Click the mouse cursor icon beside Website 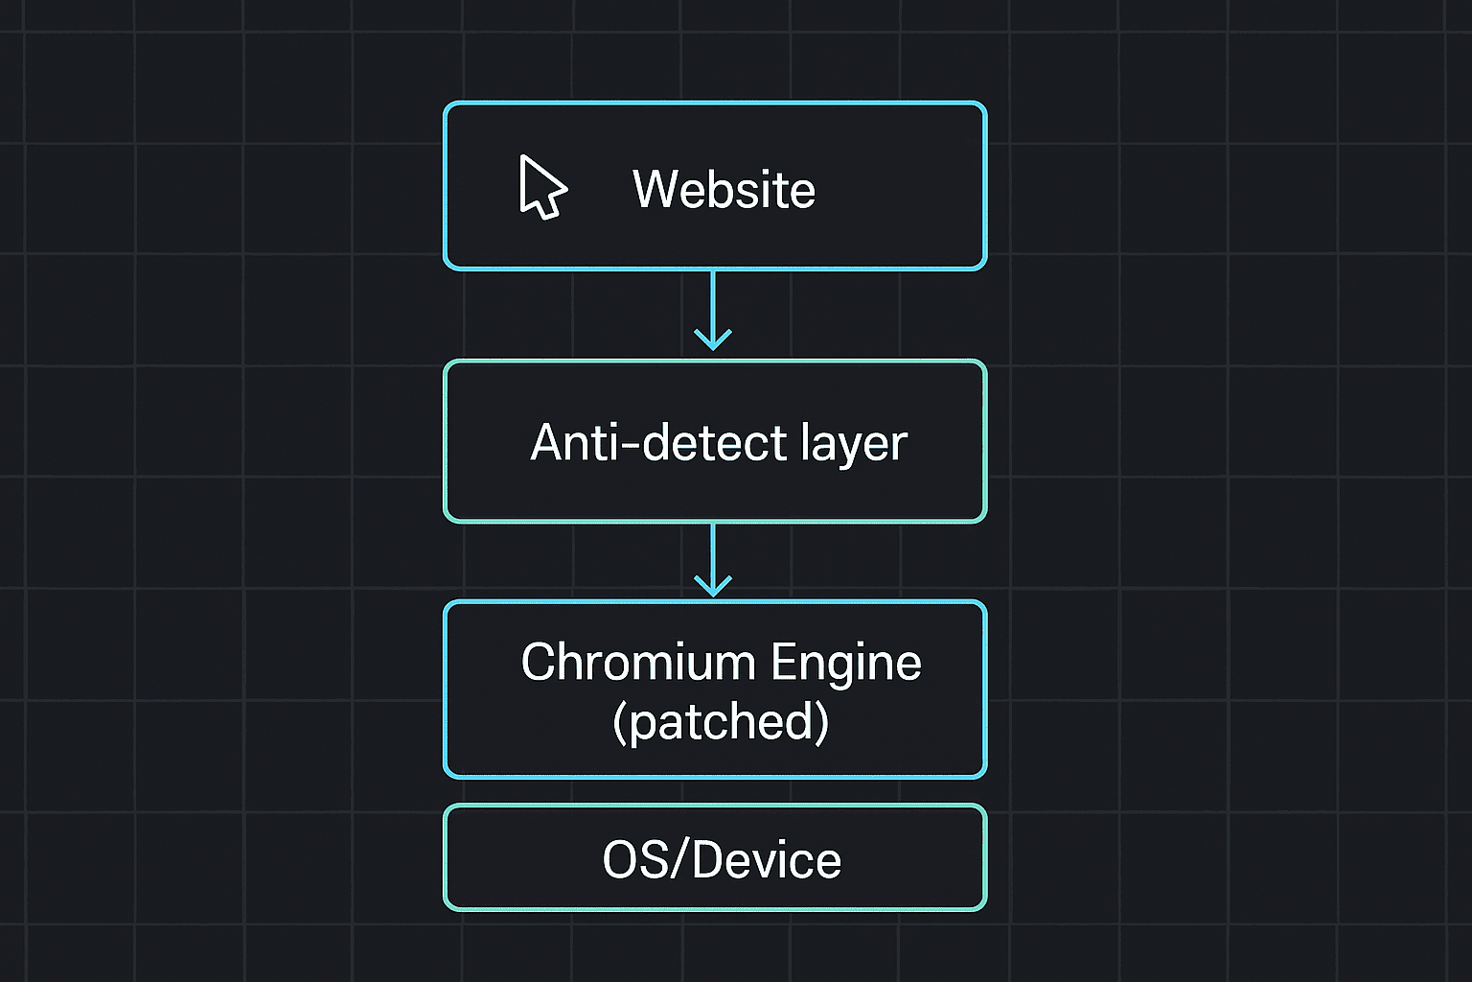click(x=541, y=187)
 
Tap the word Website click(x=724, y=189)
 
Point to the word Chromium click(x=638, y=662)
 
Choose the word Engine click(x=846, y=664)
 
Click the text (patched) click(x=721, y=721)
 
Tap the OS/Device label click(x=722, y=859)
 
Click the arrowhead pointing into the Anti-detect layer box click(x=713, y=339)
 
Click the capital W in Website click(x=654, y=189)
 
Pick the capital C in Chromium click(x=539, y=662)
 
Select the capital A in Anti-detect click(x=548, y=442)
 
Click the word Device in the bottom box click(x=766, y=859)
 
